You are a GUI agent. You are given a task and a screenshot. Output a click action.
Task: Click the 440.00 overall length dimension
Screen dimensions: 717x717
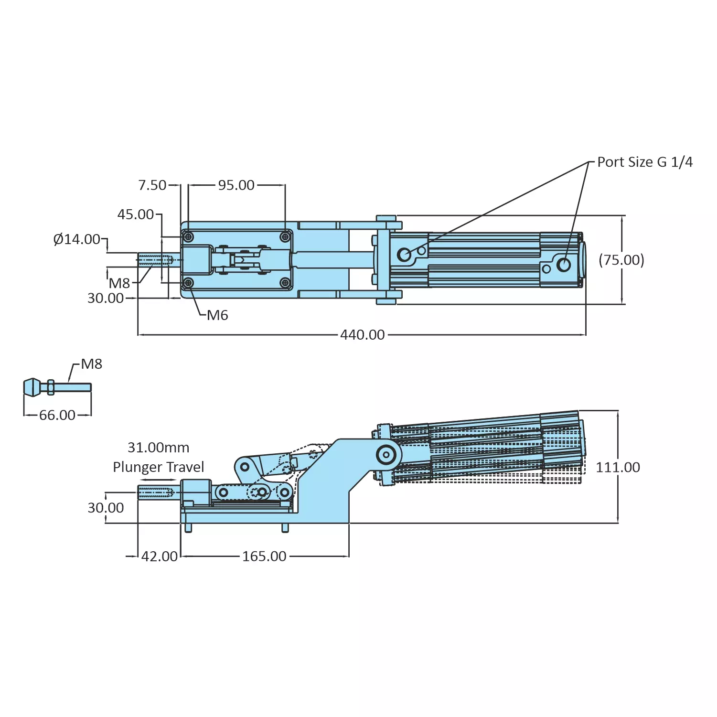pyautogui.click(x=362, y=335)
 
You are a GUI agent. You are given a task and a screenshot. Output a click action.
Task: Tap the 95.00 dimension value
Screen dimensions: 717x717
pyautogui.click(x=236, y=185)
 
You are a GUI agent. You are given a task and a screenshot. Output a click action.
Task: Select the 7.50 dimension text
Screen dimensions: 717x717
pyautogui.click(x=152, y=185)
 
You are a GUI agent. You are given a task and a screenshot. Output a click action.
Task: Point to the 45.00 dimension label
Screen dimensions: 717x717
pyautogui.click(x=136, y=214)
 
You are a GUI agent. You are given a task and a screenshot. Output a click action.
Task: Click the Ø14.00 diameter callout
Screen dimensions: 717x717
pyautogui.click(x=77, y=239)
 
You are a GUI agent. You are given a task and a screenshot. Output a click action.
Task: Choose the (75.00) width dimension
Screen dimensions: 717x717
pyautogui.click(x=621, y=260)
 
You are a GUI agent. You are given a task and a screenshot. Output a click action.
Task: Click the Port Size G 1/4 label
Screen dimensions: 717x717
pyautogui.click(x=644, y=162)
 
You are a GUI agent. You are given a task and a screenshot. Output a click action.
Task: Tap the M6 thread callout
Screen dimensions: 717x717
pyautogui.click(x=217, y=315)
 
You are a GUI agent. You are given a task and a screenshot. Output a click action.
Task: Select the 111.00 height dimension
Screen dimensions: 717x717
pyautogui.click(x=618, y=467)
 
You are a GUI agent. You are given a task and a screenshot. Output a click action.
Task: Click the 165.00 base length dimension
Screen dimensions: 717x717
pyautogui.click(x=264, y=556)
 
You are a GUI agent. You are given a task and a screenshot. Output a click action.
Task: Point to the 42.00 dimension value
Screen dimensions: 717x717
pyautogui.click(x=159, y=556)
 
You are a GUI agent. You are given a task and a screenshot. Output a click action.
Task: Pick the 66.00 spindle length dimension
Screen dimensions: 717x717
pyautogui.click(x=57, y=415)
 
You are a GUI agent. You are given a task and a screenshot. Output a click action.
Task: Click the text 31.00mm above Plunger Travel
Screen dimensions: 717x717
pyautogui.click(x=158, y=448)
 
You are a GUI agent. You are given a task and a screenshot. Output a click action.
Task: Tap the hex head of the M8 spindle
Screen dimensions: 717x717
pyautogui.click(x=32, y=387)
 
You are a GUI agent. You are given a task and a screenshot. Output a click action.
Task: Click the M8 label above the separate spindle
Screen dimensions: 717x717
pyautogui.click(x=91, y=364)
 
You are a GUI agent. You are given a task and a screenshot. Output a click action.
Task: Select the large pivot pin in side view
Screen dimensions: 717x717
pyautogui.click(x=385, y=454)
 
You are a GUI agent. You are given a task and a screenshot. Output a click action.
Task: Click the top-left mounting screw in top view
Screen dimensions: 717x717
pyautogui.click(x=189, y=237)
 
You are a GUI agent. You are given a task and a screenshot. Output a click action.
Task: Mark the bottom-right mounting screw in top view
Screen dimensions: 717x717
pyautogui.click(x=285, y=283)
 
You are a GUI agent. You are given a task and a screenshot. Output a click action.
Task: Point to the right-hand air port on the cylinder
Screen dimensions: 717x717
pyautogui.click(x=564, y=265)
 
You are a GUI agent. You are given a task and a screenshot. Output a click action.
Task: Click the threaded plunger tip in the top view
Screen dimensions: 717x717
pyautogui.click(x=155, y=260)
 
